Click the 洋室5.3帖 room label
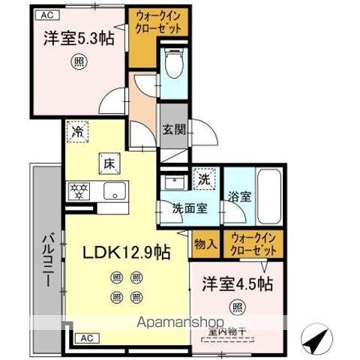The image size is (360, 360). pyautogui.click(x=73, y=37)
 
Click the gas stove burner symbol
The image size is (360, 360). pyautogui.click(x=78, y=188)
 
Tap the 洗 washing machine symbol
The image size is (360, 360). pyautogui.click(x=203, y=178)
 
